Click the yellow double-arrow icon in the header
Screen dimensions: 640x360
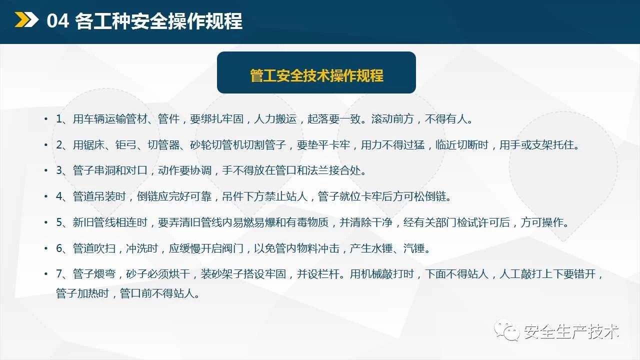26,19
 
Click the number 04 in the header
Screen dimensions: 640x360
57,21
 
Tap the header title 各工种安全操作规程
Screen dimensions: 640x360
158,21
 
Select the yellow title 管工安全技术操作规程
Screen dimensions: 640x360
316,75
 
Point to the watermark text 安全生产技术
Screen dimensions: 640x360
571,331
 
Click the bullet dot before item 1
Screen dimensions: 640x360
46,118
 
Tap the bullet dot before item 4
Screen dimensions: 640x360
46,196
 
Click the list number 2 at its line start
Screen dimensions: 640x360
59,145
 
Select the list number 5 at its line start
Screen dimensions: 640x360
59,222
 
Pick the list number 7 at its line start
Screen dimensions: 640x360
59,273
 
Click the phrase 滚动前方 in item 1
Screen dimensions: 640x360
392,119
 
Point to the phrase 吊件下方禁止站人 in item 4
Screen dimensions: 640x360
264,196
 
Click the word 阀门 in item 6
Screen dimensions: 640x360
233,248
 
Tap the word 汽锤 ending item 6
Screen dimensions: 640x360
414,248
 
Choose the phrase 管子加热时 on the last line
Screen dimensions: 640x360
82,293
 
